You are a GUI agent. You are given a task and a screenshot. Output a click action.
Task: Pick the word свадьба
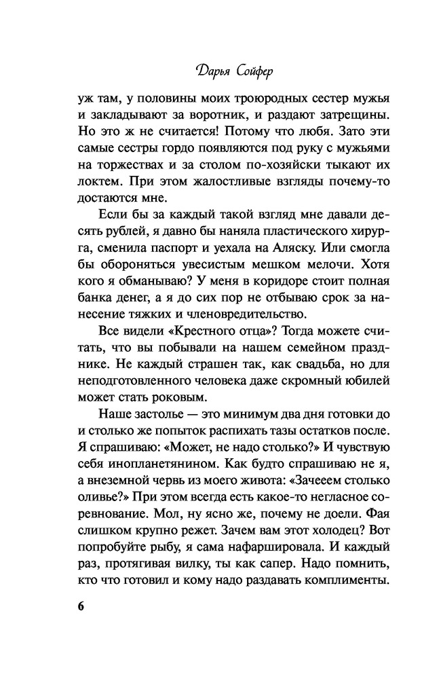click(x=303, y=363)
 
